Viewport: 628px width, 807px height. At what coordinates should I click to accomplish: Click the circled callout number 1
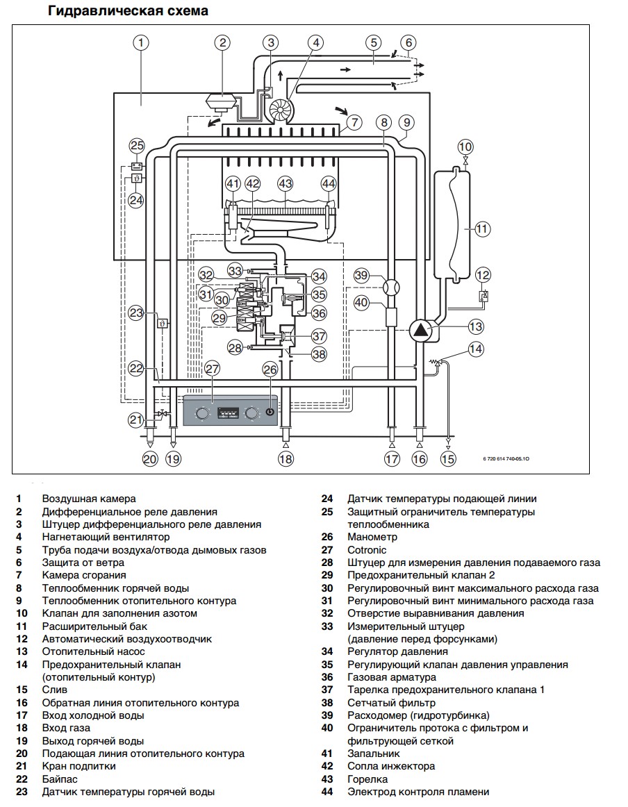(141, 43)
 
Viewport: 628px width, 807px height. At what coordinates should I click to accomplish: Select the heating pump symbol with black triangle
(420, 330)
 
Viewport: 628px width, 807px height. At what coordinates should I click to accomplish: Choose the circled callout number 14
(475, 349)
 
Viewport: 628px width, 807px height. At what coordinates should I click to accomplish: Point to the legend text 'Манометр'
(372, 537)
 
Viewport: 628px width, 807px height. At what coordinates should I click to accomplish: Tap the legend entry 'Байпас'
(59, 779)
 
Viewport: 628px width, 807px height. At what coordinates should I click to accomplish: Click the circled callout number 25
(137, 146)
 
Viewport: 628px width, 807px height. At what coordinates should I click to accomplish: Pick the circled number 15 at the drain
(448, 458)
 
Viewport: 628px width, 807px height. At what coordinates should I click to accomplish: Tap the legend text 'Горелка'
(367, 779)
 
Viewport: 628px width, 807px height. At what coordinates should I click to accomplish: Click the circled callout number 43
(285, 184)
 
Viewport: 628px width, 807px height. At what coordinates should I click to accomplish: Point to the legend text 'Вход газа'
(66, 728)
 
